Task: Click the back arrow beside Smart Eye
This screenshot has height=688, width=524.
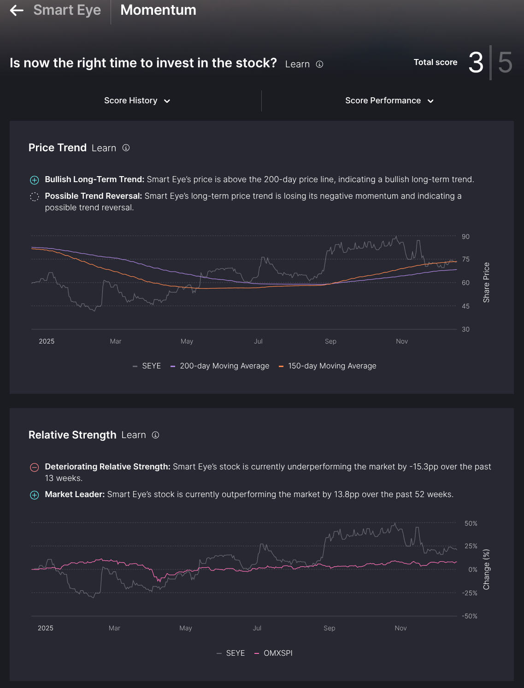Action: coord(17,10)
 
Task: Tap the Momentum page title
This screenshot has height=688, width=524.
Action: coord(158,10)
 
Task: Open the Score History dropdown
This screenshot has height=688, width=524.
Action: coord(137,101)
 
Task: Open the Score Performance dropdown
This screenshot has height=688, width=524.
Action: coord(389,101)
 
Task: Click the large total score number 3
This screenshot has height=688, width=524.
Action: coord(476,63)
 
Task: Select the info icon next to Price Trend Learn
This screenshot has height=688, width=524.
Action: coord(126,148)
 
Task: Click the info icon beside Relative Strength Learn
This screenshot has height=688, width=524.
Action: coord(156,435)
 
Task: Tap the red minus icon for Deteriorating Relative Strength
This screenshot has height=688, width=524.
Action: coord(35,467)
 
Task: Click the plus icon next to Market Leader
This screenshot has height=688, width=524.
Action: coord(35,495)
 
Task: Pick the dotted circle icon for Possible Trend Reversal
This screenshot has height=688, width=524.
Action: coord(35,196)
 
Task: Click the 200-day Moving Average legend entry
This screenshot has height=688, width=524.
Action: coord(220,366)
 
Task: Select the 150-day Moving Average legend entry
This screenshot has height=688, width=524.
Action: coord(328,366)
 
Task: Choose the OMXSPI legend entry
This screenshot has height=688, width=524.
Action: coord(274,653)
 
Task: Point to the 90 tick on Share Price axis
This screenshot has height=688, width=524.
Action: coord(465,237)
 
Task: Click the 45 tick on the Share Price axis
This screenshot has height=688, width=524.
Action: coord(465,306)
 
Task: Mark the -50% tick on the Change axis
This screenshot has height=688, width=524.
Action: coord(470,616)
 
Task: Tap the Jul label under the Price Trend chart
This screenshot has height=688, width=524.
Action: coord(258,341)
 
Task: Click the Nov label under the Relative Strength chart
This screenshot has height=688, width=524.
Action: coord(400,628)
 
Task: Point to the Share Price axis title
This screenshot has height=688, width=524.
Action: coord(486,282)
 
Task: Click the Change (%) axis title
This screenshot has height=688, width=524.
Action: coord(486,569)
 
